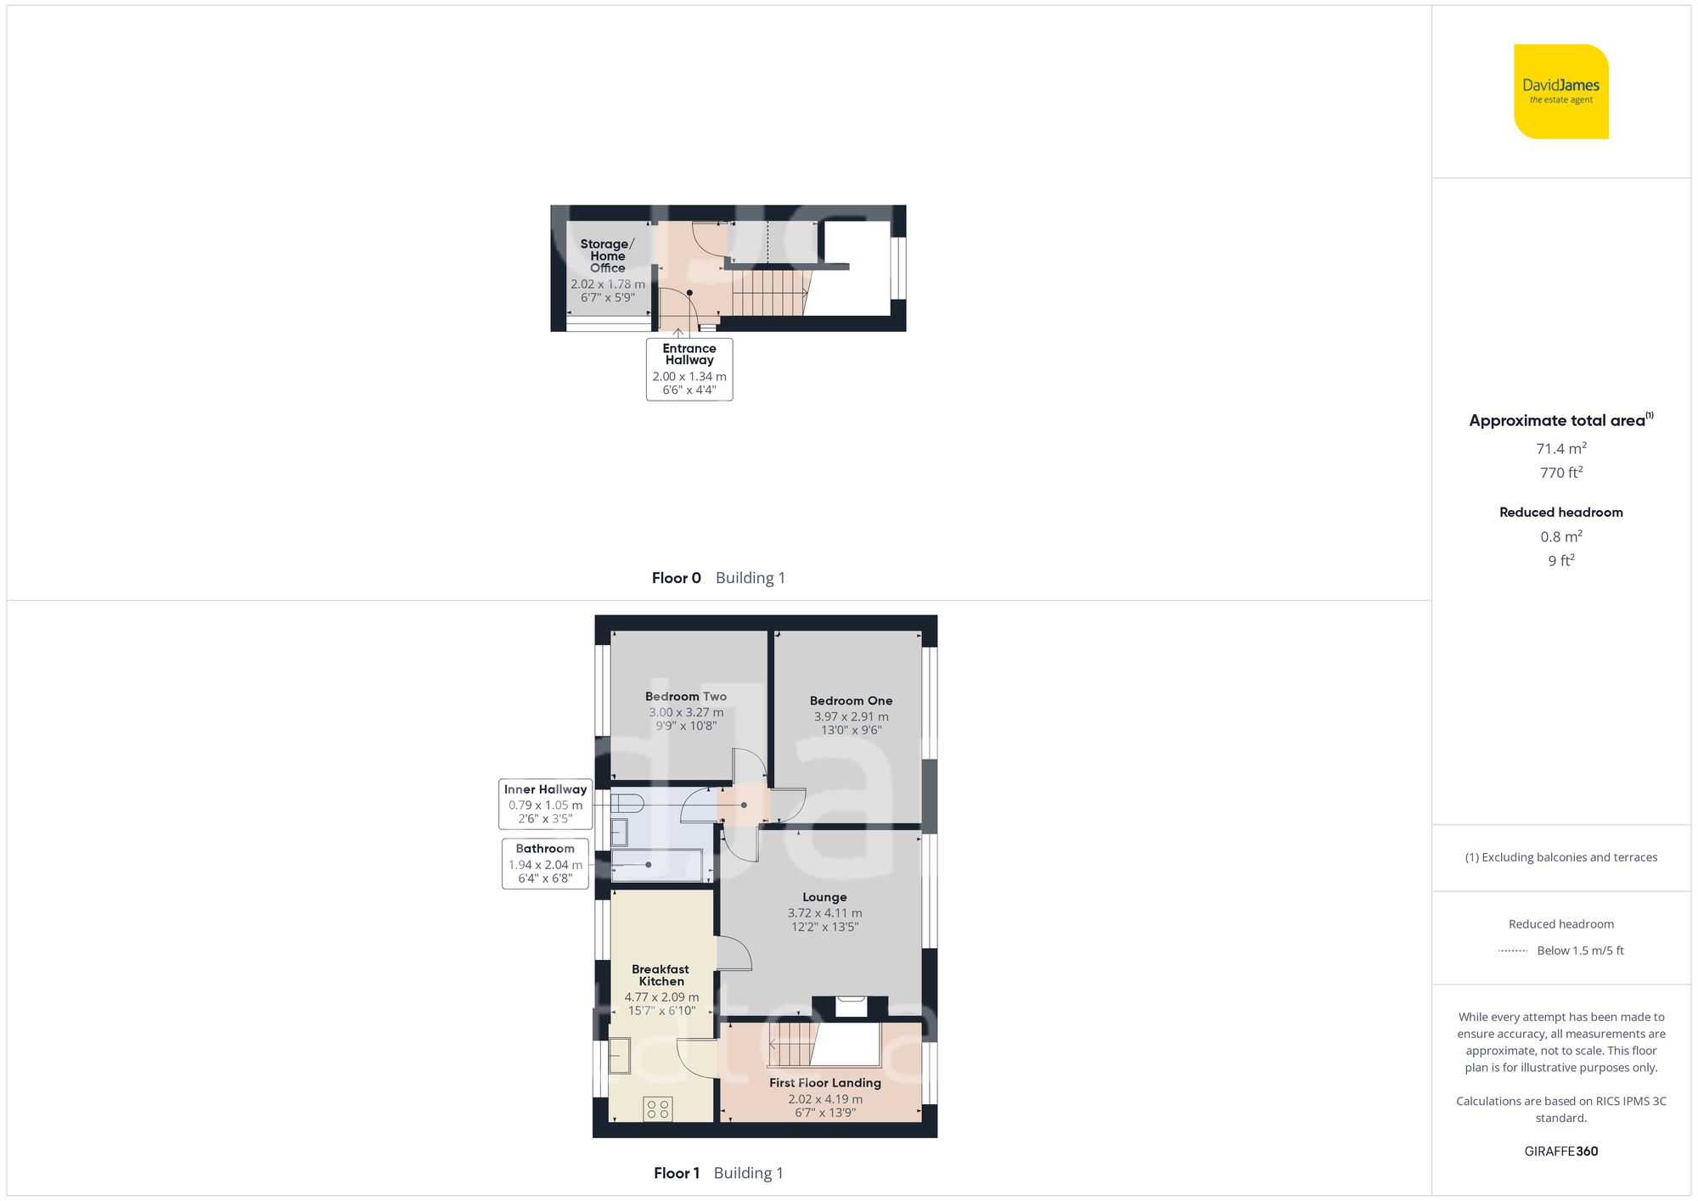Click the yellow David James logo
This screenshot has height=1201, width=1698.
tap(1560, 92)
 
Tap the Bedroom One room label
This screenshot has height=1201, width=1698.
tap(851, 701)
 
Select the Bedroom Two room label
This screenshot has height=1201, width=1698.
tap(685, 697)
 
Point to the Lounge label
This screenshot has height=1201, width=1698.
tap(824, 897)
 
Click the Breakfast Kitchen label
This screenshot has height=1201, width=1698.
tap(661, 975)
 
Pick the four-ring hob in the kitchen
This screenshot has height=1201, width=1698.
tap(658, 1108)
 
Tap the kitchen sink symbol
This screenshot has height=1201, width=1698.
tap(620, 1055)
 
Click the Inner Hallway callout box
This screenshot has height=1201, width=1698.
tap(545, 804)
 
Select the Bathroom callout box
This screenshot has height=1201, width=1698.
tap(545, 863)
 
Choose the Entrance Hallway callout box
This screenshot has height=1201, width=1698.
tap(689, 369)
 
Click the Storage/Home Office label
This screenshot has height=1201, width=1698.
tap(607, 255)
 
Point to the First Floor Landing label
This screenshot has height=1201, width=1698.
tap(824, 1083)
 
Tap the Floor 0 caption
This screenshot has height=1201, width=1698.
tap(676, 578)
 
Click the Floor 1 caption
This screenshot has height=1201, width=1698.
tap(677, 1173)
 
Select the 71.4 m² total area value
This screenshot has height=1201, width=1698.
tap(1560, 448)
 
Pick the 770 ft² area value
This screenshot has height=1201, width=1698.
tap(1560, 473)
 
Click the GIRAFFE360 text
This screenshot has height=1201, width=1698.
tap(1560, 1152)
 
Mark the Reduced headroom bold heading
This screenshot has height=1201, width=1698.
tap(1560, 513)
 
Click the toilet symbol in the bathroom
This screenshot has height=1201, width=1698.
tap(626, 803)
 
